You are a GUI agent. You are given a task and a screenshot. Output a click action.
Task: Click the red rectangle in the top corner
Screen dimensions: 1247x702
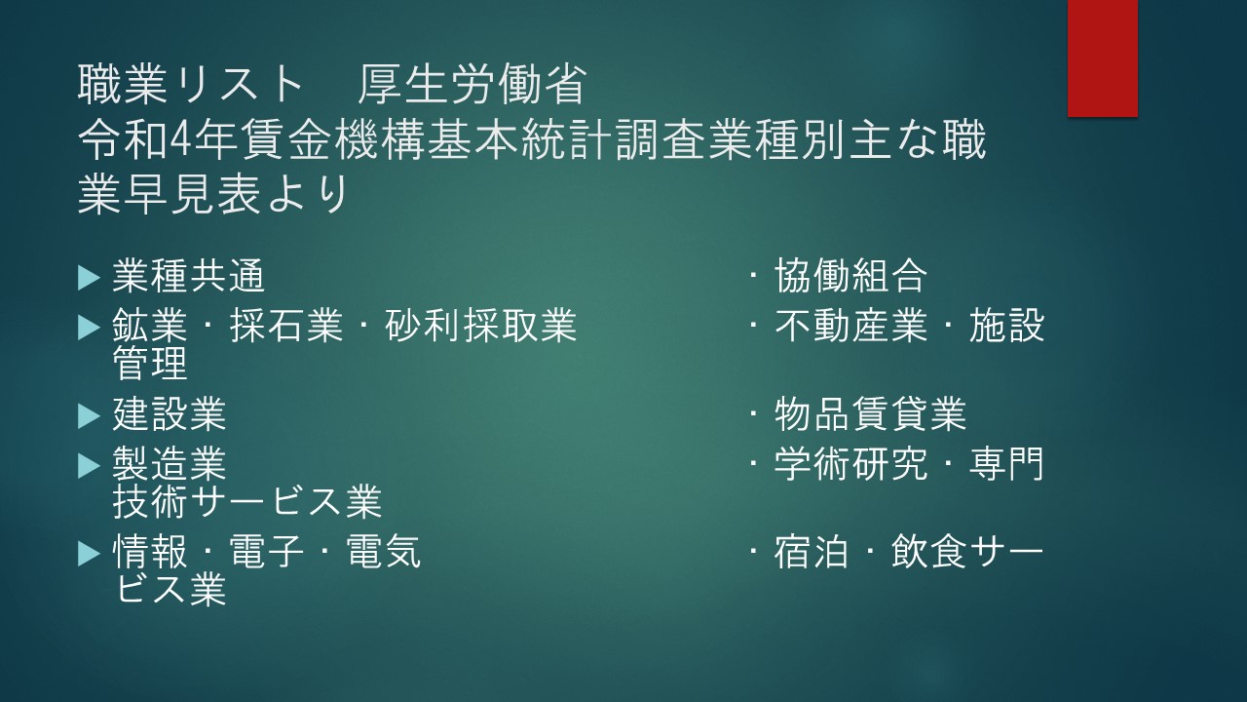click(1102, 58)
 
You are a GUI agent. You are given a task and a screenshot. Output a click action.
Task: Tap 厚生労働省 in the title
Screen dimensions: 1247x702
click(472, 85)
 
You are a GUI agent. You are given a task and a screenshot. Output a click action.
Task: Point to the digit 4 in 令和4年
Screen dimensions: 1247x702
click(180, 139)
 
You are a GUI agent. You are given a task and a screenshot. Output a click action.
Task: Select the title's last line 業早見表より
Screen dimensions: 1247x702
click(213, 195)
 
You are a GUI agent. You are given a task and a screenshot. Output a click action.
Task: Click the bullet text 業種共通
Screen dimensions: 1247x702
click(189, 276)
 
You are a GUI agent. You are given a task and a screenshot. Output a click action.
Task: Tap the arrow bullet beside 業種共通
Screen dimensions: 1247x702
click(89, 278)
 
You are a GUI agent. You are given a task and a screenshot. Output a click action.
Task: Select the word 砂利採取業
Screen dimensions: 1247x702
click(481, 326)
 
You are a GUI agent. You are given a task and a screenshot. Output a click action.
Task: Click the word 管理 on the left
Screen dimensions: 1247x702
click(150, 364)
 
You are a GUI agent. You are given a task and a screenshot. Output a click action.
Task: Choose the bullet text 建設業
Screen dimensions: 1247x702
click(170, 414)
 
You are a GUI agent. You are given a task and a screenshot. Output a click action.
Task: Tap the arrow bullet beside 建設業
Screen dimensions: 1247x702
click(89, 415)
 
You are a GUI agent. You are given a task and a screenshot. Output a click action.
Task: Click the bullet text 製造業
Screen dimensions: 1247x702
click(170, 463)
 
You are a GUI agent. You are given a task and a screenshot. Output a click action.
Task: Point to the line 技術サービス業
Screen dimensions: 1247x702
click(247, 501)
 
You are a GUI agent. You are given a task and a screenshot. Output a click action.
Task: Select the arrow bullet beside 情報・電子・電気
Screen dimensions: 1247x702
click(89, 554)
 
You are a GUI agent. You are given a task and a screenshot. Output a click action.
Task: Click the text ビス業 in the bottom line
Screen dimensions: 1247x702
click(170, 590)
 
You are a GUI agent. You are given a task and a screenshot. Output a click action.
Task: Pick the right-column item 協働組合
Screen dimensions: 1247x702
click(850, 276)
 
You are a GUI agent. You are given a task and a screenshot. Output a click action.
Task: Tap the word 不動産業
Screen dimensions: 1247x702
click(851, 326)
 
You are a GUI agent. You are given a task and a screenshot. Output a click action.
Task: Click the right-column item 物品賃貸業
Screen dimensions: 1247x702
click(870, 414)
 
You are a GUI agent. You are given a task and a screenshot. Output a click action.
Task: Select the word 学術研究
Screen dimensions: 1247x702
click(851, 463)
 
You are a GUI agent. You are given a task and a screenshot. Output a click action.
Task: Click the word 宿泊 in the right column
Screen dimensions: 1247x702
click(812, 552)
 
